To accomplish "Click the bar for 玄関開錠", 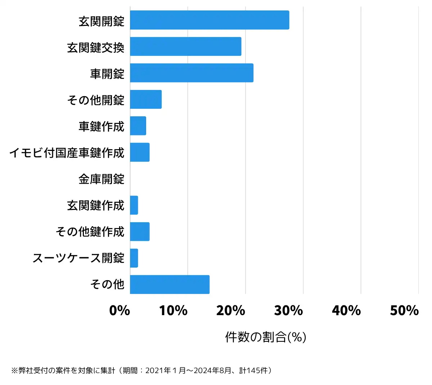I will point(210,20).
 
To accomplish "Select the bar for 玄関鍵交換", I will point(185,46).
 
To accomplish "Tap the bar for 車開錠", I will point(192,73).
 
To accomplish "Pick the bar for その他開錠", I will point(146,99).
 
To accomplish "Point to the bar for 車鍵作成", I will point(138,126).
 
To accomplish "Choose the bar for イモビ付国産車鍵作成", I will point(140,152).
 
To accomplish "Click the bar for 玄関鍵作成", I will point(134,205).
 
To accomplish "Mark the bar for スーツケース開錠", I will point(134,258).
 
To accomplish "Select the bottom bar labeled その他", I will point(170,285).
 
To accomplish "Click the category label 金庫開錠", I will point(102,179).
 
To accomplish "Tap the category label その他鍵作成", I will point(90,232).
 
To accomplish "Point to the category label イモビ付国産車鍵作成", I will point(67,153).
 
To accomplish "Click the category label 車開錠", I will point(107,74).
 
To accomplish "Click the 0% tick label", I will point(120,310).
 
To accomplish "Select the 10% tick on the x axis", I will point(173,310).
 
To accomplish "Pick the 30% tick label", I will point(288,310).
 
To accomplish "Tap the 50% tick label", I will point(404,310).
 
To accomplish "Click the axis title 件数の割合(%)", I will point(266,337).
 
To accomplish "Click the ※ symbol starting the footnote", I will point(14,371).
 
